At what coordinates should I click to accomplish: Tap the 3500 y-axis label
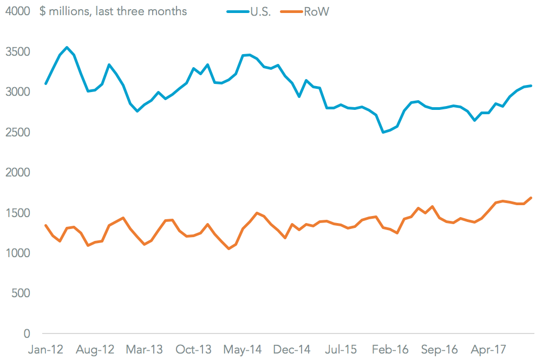click(18, 52)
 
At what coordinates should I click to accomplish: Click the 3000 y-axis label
click(18, 92)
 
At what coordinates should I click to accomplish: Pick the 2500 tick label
click(18, 133)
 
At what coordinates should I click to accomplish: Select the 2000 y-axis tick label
click(18, 173)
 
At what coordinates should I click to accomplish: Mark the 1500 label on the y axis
click(18, 213)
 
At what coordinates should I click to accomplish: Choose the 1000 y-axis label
click(18, 253)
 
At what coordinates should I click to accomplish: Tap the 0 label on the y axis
click(27, 333)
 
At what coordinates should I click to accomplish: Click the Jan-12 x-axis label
click(45, 350)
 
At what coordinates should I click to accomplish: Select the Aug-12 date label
click(95, 350)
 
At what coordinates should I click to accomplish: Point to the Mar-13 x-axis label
click(144, 350)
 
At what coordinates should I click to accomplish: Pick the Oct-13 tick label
click(193, 350)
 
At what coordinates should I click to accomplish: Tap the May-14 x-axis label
click(243, 350)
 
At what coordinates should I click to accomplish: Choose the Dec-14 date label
click(292, 350)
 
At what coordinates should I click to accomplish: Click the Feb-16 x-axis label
click(390, 350)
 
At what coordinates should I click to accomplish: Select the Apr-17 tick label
click(489, 350)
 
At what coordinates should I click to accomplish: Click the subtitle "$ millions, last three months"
click(113, 11)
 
